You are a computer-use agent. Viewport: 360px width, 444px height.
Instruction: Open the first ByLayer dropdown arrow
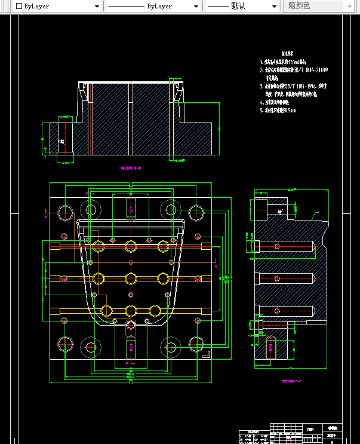[97, 6]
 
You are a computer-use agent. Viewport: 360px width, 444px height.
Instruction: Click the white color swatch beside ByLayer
[19, 6]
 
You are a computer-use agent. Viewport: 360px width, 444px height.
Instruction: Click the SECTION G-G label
[131, 169]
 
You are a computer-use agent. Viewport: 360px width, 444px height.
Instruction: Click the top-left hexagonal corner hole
[64, 212]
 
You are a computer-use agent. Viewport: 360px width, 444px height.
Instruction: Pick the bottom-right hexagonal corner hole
[196, 344]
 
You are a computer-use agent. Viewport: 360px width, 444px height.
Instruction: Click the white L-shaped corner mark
[206, 354]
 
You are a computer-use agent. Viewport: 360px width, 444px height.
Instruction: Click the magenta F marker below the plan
[127, 363]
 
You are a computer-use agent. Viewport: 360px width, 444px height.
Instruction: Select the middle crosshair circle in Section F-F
[276, 278]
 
